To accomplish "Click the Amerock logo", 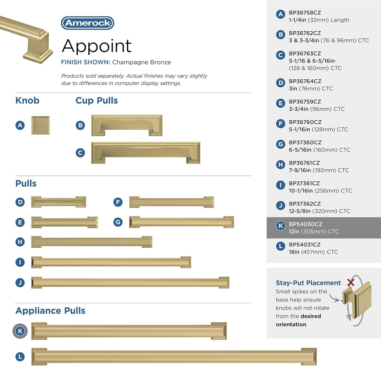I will (x=88, y=23).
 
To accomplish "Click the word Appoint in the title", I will (x=97, y=46).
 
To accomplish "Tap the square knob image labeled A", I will (x=40, y=125).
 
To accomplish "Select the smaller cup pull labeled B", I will (x=127, y=125).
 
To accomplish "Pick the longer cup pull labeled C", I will (x=146, y=153).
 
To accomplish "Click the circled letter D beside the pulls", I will (x=20, y=202).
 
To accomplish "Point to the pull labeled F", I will (x=171, y=202).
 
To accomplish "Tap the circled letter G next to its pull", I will (x=118, y=222).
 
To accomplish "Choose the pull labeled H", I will (x=92, y=242).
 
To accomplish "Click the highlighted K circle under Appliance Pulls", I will (x=20, y=331).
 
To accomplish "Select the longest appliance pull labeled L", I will (x=174, y=357).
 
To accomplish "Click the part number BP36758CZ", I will (x=305, y=13).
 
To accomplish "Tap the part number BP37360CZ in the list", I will (x=305, y=142).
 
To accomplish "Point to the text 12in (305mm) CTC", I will (x=314, y=231).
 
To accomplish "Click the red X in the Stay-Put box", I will (x=351, y=282).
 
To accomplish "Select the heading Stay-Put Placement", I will (x=308, y=283).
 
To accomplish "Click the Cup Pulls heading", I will (x=97, y=101).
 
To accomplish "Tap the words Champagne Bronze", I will (x=141, y=62).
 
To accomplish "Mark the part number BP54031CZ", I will (x=305, y=245).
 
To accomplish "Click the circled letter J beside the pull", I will (x=20, y=283).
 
